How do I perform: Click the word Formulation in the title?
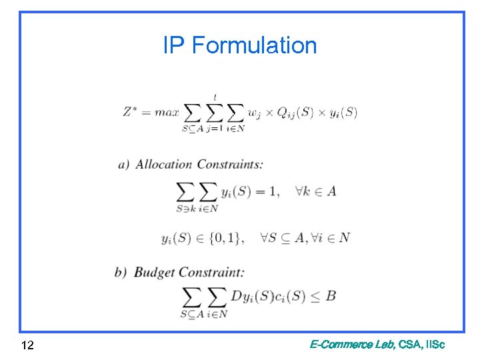click(x=254, y=45)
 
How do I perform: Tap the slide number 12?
click(x=28, y=345)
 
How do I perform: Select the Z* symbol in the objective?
click(x=131, y=111)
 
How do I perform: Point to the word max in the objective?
click(x=167, y=112)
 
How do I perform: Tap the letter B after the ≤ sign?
click(x=330, y=295)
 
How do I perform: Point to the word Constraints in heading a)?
click(x=229, y=164)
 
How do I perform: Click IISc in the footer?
click(x=435, y=345)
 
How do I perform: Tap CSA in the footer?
click(x=409, y=345)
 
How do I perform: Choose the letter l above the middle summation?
click(x=215, y=97)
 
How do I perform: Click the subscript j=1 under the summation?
click(x=214, y=129)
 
